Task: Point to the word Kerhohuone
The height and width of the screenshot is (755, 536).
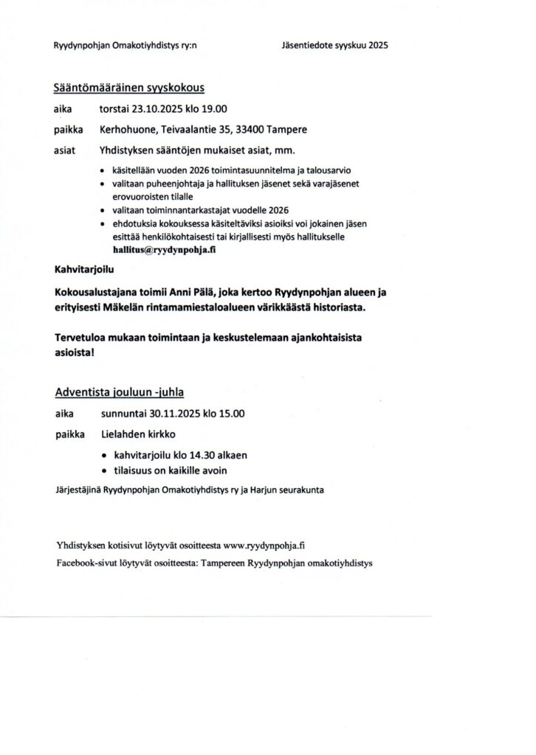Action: coord(126,131)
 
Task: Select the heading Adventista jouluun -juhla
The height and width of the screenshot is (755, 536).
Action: coord(125,392)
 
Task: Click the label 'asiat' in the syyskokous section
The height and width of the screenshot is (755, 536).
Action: coord(65,152)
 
